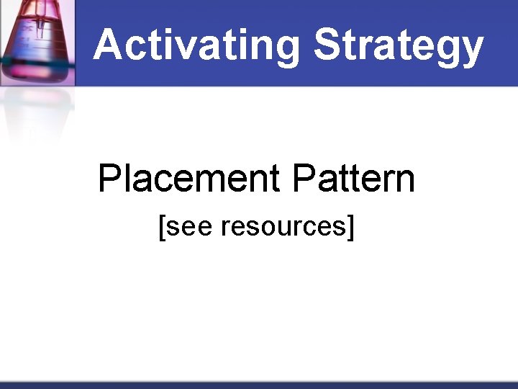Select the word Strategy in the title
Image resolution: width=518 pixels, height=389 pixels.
398,45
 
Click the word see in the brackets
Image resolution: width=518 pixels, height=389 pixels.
190,227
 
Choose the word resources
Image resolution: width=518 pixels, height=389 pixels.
283,227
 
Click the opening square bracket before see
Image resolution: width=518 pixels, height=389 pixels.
162,227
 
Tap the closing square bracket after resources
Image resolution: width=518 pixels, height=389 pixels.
351,227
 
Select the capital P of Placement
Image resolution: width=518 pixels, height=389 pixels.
109,178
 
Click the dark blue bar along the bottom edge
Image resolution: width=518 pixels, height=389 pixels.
259,385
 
